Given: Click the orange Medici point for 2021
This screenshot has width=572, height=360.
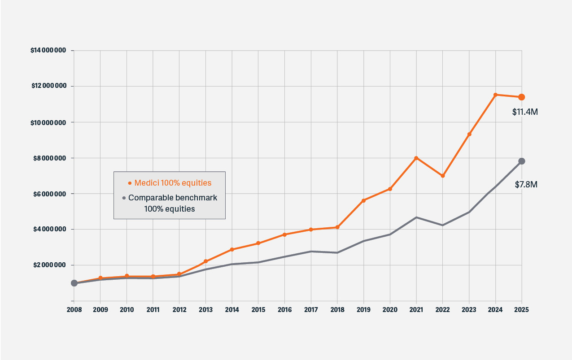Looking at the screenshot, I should coord(416,158).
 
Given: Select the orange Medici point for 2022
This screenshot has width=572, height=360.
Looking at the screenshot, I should coord(443,176).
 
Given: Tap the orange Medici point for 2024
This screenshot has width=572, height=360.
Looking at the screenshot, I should coord(495,95).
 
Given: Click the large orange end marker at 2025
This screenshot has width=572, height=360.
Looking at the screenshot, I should coord(522,97).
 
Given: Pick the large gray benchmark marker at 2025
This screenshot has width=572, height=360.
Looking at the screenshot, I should coord(522,161).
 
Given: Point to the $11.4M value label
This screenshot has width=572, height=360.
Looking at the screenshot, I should coord(525,112).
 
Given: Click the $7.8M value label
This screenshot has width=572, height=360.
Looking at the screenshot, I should coord(526,184).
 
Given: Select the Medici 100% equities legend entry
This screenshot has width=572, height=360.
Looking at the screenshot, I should coord(170,183).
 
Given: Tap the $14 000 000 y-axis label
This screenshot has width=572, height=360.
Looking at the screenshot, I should coord(48,51).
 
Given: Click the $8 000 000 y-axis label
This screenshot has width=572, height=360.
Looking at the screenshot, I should coord(50,158).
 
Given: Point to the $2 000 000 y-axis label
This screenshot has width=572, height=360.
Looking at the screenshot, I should coord(50,265).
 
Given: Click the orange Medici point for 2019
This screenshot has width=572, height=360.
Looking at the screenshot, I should coord(363,200).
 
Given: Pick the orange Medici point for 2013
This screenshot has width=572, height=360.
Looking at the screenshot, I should coord(205,261).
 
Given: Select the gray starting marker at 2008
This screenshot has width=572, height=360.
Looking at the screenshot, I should coord(74,283).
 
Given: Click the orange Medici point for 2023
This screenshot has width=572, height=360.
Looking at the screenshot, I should coord(469,134).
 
